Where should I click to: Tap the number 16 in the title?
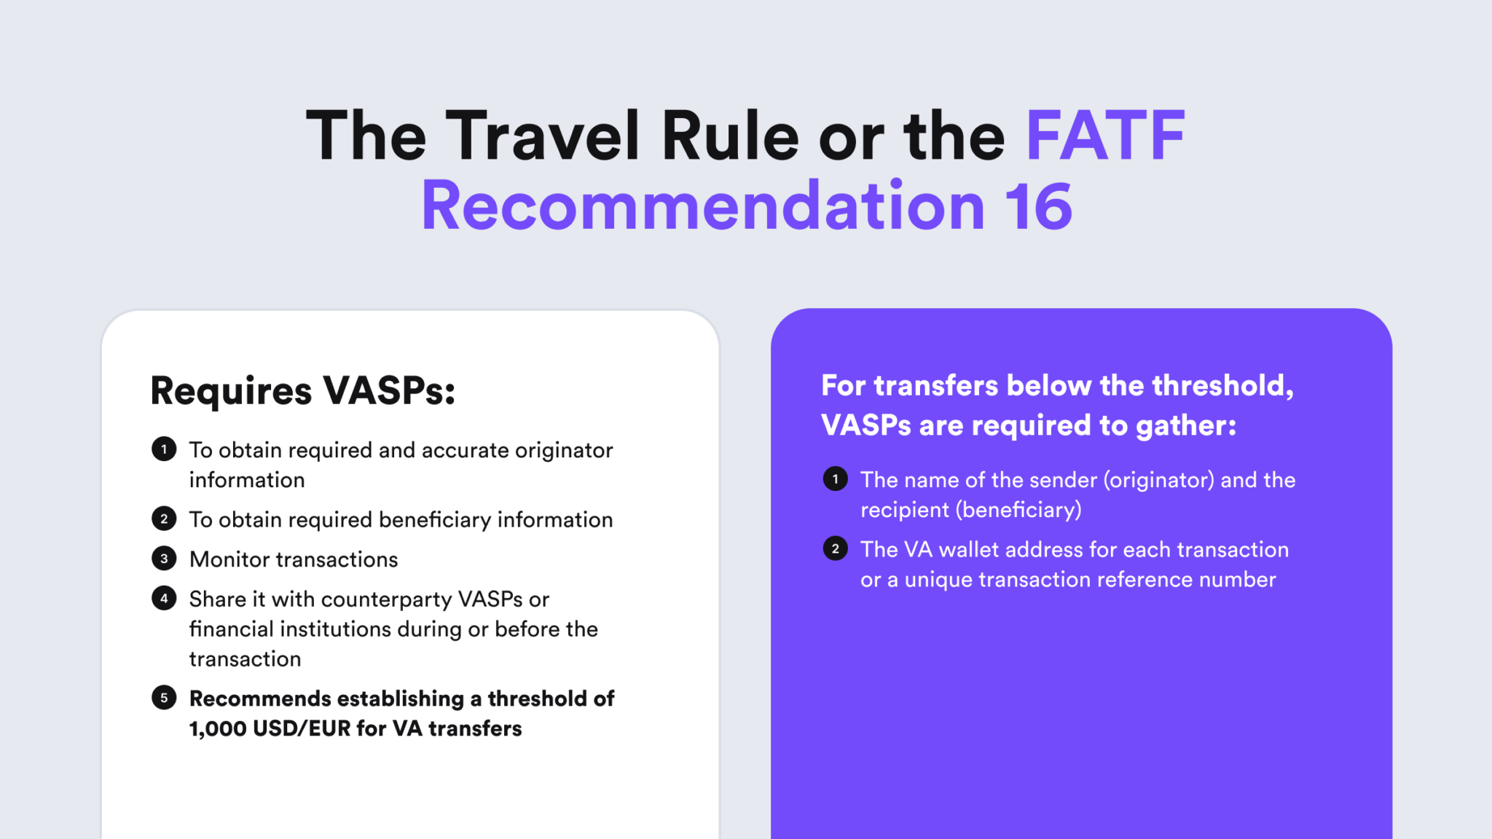pyautogui.click(x=1037, y=207)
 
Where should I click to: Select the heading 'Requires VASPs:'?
pyautogui.click(x=302, y=391)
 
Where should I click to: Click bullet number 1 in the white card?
pyautogui.click(x=164, y=449)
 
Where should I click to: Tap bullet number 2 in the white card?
pyautogui.click(x=164, y=519)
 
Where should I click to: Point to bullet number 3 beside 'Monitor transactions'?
pyautogui.click(x=164, y=559)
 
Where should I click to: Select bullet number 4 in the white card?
pyautogui.click(x=164, y=598)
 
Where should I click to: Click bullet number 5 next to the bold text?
pyautogui.click(x=164, y=698)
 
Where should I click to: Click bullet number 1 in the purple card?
pyautogui.click(x=835, y=479)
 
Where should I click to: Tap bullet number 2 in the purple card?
pyautogui.click(x=835, y=548)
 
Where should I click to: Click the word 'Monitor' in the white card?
pyautogui.click(x=232, y=559)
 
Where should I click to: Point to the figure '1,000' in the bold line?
pyautogui.click(x=218, y=729)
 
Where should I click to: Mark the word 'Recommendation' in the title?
pyautogui.click(x=703, y=207)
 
